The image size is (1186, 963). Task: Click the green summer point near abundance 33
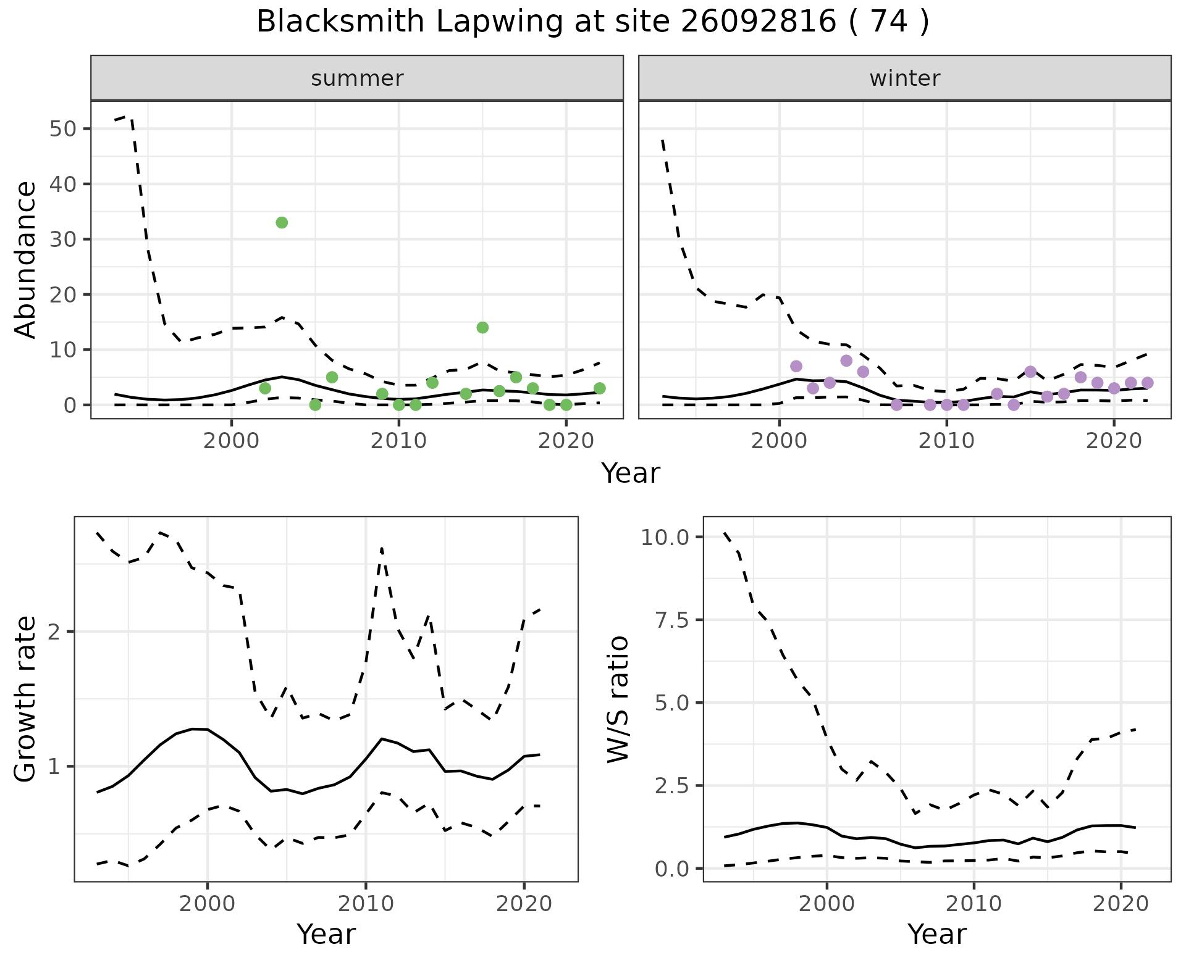(x=282, y=223)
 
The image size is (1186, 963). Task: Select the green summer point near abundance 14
(x=482, y=327)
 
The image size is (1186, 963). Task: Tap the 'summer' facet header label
(x=357, y=78)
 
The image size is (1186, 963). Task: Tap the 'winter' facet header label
(x=905, y=78)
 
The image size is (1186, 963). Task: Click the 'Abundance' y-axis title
(x=26, y=259)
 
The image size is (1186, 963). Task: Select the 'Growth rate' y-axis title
(x=26, y=699)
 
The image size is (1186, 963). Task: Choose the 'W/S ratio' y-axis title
(x=618, y=699)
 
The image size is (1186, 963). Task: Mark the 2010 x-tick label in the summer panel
(x=398, y=441)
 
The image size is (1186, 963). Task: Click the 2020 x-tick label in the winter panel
(x=1113, y=441)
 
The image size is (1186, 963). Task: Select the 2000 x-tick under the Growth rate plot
(x=208, y=904)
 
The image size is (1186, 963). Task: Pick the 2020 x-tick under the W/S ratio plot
(x=1121, y=904)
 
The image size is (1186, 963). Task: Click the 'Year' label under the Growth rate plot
(x=326, y=935)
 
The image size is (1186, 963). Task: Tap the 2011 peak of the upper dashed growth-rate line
(x=382, y=548)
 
